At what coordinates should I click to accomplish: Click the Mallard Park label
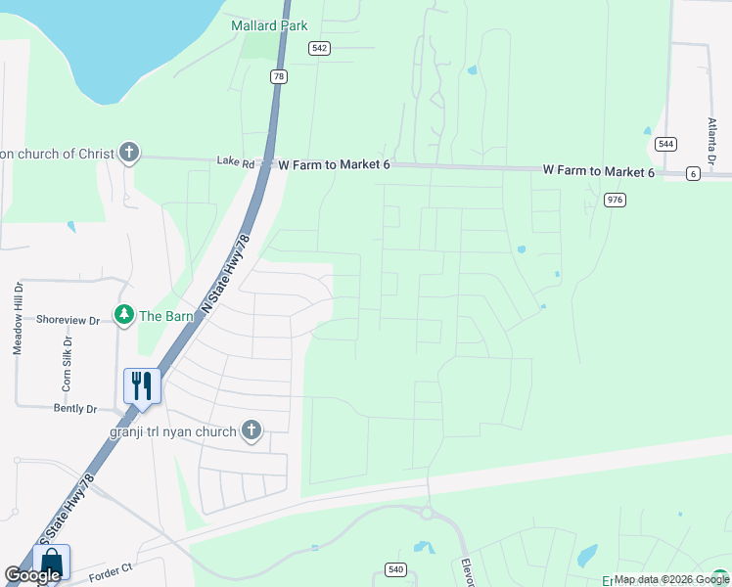269,25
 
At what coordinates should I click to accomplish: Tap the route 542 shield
319,48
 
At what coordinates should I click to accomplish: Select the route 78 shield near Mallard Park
280,76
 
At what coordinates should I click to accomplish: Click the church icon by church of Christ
128,153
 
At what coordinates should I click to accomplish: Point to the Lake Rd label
235,162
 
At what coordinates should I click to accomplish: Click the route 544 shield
665,143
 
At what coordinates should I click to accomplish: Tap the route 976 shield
615,200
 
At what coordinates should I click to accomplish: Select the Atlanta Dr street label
712,141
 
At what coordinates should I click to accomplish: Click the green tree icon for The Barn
123,315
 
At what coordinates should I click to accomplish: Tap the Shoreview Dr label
68,320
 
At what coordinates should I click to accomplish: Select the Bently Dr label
75,409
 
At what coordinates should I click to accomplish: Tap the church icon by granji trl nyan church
252,430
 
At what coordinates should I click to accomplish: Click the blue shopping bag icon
51,563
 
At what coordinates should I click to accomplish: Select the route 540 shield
395,568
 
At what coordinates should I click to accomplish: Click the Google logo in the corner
32,576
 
